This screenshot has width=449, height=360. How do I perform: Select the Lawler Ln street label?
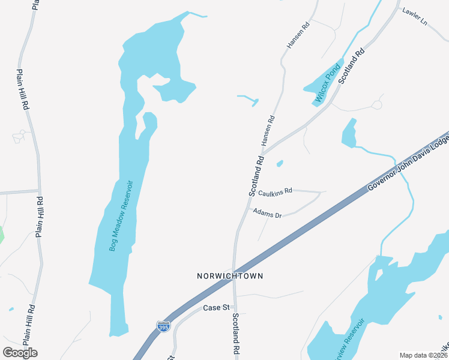(415, 16)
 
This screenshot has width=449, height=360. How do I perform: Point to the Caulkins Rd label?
(276, 192)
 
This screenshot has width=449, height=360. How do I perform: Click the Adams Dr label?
(267, 212)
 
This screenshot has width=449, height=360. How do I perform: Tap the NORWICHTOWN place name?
(230, 276)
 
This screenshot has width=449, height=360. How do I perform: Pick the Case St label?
(217, 308)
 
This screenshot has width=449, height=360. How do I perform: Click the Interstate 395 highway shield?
(163, 326)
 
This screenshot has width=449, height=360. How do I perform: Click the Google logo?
(20, 352)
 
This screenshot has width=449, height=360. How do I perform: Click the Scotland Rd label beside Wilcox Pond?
(352, 67)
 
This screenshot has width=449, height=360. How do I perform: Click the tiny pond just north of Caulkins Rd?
(280, 163)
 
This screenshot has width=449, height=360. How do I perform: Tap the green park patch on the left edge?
(1, 234)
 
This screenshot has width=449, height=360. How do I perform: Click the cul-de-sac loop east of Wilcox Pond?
(377, 104)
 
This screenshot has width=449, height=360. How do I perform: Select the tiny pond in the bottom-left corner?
(11, 310)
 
